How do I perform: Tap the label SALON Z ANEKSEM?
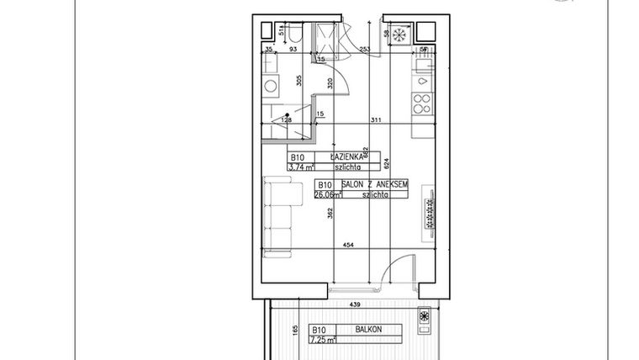point(375,183)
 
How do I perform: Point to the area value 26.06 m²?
point(329,193)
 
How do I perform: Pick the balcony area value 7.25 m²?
point(323,340)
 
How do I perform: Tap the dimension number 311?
point(374,121)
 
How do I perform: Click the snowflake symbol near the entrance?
point(400,35)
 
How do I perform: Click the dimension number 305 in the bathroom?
point(299,82)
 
